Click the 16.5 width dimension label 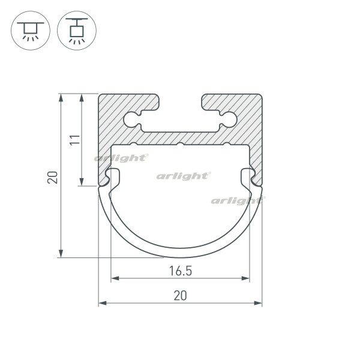point(181,271)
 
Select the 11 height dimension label point(75,140)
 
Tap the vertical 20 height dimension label point(53,177)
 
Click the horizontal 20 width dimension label point(180,295)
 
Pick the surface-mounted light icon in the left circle point(31,31)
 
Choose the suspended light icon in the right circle point(77,31)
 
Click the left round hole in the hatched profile point(131,119)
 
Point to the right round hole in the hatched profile point(229,119)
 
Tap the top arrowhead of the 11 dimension point(82,98)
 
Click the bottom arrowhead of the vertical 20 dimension point(61,253)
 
